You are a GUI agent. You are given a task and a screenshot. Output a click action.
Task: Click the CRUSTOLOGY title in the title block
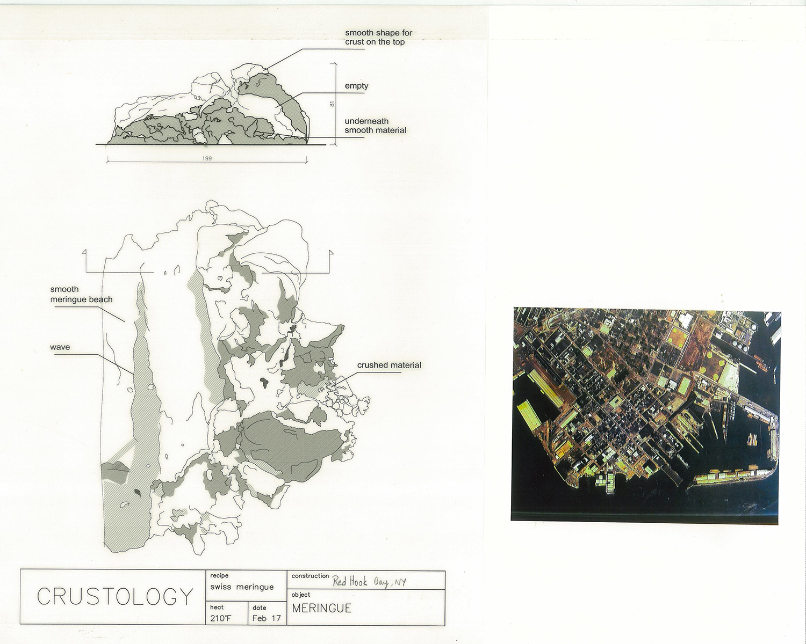click(x=115, y=596)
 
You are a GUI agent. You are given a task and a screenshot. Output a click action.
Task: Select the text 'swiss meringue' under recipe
click(x=242, y=587)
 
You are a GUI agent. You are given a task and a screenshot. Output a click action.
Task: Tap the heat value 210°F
click(x=221, y=619)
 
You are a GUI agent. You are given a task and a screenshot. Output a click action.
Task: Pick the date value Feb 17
click(x=267, y=619)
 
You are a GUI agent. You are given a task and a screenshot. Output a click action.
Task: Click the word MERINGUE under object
click(x=322, y=609)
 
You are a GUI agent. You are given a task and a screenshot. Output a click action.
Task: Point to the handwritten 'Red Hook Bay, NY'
click(x=369, y=582)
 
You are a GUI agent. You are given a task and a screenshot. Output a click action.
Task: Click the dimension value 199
click(x=207, y=158)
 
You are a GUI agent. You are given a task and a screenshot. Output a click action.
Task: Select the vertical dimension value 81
click(x=332, y=104)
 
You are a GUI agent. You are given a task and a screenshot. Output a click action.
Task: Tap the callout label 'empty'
click(x=357, y=86)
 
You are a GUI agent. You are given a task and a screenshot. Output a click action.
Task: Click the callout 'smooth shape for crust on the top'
click(x=378, y=38)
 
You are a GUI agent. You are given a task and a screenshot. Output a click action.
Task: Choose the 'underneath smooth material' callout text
click(x=375, y=126)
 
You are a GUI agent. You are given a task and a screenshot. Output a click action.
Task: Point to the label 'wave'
click(x=60, y=347)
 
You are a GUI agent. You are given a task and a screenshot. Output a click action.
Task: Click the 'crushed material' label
click(x=389, y=365)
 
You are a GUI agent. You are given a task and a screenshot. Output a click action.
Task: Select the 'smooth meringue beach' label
click(x=81, y=294)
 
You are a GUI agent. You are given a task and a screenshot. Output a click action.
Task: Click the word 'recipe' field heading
click(x=219, y=575)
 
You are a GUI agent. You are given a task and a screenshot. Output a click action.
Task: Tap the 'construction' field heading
click(x=310, y=575)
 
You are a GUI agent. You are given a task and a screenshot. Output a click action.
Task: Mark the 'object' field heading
click(x=301, y=595)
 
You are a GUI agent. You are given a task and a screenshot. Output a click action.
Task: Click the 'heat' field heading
click(x=217, y=607)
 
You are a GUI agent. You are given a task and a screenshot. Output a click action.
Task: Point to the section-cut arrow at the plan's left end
click(x=87, y=262)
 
